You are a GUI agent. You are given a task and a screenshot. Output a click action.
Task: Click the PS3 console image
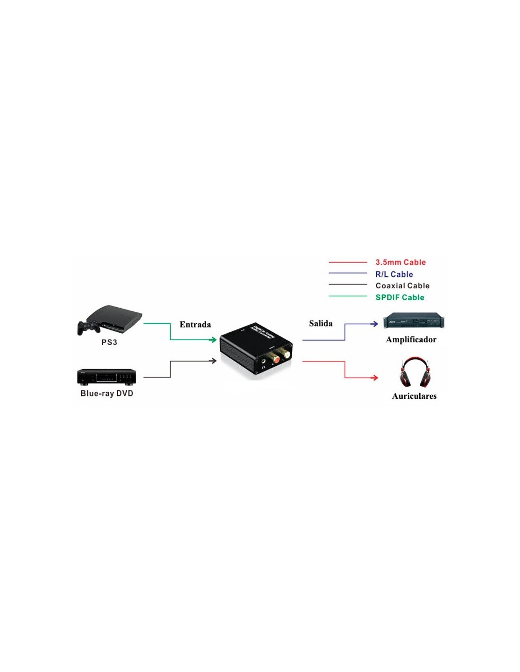(116, 317)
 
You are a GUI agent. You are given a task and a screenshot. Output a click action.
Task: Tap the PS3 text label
(109, 342)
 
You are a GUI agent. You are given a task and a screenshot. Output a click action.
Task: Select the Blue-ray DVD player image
(106, 377)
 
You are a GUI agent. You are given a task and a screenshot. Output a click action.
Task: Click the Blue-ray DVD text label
(107, 393)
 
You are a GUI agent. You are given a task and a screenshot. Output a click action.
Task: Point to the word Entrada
(195, 324)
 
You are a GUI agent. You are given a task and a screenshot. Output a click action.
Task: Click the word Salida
(321, 323)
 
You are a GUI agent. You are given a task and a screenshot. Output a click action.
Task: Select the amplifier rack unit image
(414, 321)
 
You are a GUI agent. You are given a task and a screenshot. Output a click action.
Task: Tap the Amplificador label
(411, 339)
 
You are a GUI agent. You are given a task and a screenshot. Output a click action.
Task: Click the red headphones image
(415, 372)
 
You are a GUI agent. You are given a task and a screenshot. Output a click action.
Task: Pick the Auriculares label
(414, 396)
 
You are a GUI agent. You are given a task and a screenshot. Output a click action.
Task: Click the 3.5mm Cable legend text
(400, 262)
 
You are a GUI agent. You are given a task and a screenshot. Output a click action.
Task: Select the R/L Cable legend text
(394, 274)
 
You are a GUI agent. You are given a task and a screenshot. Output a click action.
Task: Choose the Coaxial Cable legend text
(402, 285)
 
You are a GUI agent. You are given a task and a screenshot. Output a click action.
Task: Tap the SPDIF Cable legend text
(400, 297)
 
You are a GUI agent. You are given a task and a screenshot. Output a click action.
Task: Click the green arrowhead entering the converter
(213, 339)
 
